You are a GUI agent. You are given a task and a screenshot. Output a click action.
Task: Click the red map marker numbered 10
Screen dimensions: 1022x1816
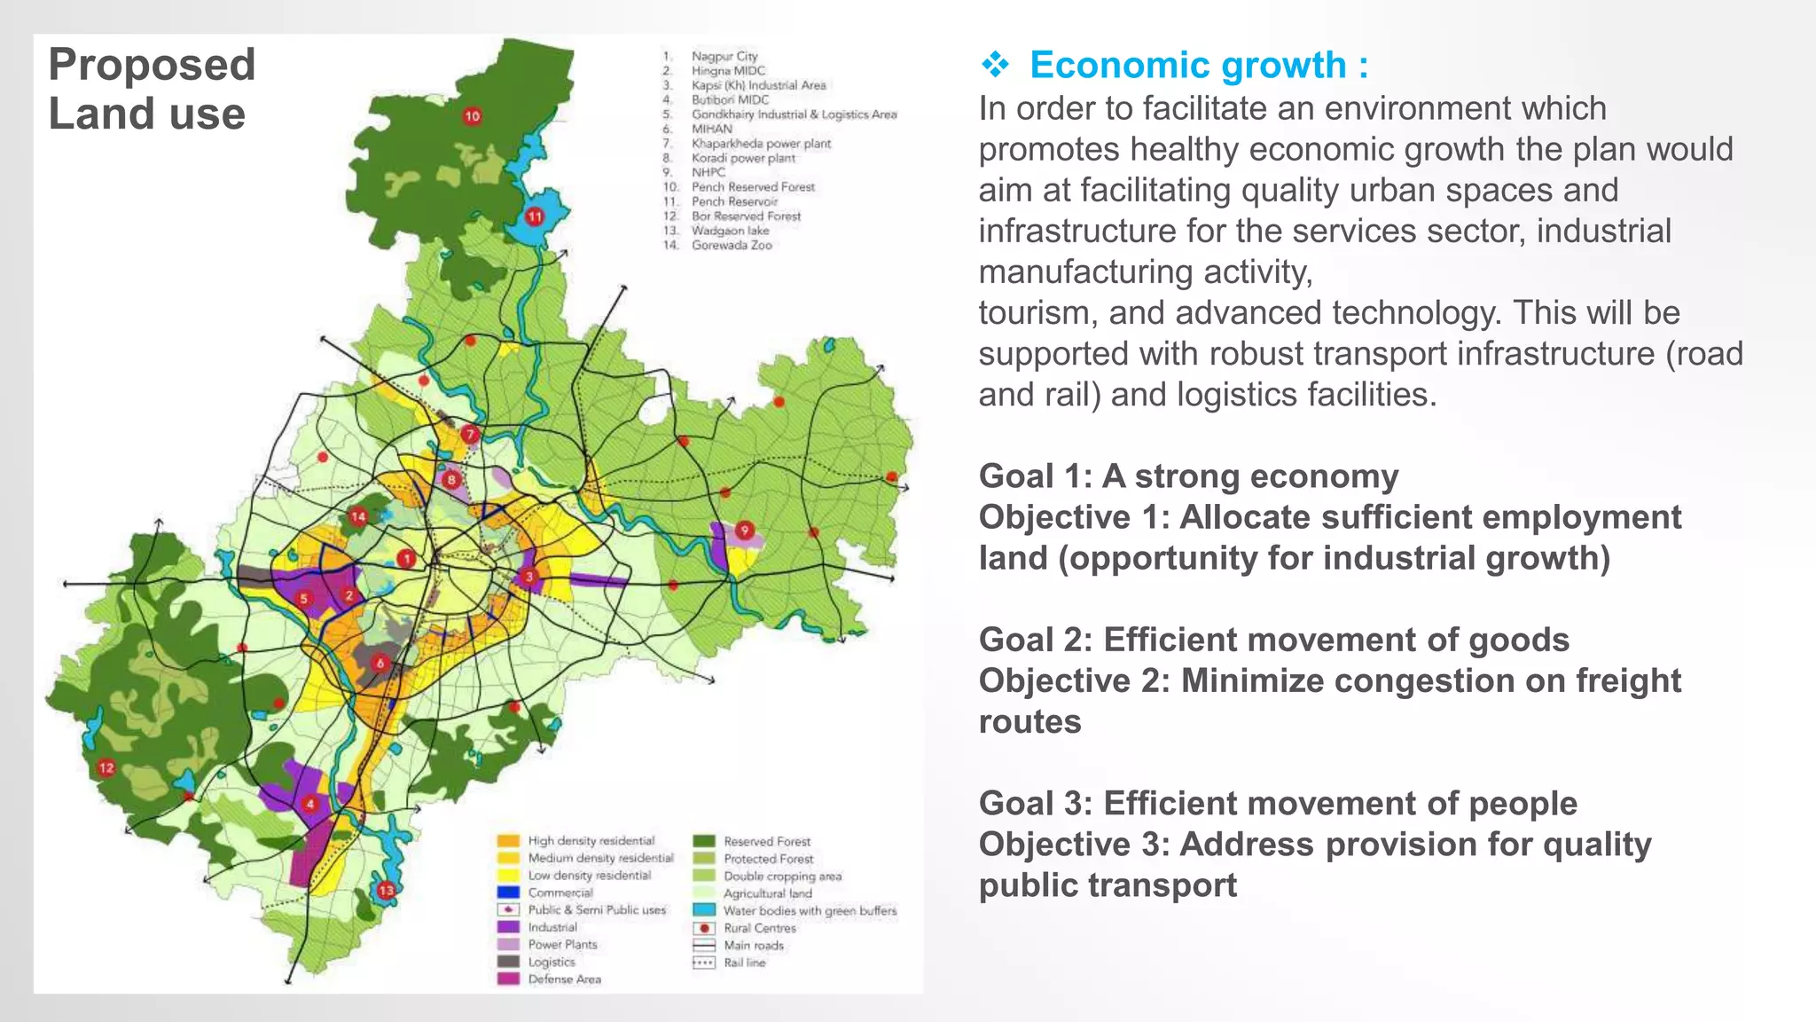coord(472,115)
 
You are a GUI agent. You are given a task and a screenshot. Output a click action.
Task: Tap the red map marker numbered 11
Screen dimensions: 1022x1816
coord(535,216)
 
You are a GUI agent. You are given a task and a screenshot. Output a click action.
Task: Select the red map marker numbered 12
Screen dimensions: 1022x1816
coord(106,767)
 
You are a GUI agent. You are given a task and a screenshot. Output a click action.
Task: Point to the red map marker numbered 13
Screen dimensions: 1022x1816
coord(386,890)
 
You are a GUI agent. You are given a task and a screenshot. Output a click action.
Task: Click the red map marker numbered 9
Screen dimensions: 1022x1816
coord(745,531)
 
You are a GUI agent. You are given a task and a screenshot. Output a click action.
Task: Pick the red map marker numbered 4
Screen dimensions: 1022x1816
coord(310,805)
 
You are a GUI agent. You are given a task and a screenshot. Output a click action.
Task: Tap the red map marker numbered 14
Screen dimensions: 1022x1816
coord(358,516)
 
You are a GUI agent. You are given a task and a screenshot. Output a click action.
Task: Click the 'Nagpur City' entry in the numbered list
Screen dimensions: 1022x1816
coord(724,56)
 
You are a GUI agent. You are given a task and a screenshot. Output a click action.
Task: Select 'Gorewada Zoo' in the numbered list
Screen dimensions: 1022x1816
coord(732,245)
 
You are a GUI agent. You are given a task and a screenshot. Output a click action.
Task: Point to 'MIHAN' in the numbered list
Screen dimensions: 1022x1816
coord(712,129)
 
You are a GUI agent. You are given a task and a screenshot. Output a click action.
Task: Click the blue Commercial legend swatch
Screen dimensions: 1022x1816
coord(508,892)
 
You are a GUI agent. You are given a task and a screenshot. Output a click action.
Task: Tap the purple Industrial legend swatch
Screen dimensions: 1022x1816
coord(508,927)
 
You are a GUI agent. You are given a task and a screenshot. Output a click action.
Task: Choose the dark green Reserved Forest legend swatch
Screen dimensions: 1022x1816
coord(704,841)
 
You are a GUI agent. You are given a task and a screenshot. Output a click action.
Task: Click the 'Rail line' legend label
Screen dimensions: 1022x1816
coord(744,963)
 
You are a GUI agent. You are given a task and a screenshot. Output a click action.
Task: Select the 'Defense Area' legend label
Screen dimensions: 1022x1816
coord(564,979)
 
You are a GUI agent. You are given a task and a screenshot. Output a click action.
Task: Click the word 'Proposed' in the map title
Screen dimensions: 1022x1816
coord(152,65)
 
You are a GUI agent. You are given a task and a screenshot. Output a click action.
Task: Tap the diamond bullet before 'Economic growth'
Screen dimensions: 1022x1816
coord(996,65)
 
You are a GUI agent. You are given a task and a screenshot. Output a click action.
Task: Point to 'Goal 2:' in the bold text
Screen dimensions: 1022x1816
coord(1035,640)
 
